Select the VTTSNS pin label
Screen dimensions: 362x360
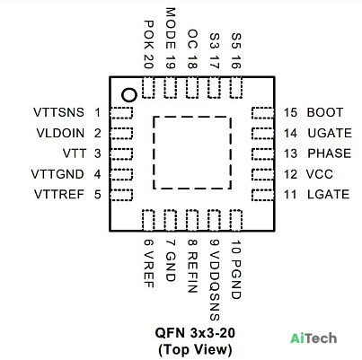tap(58, 112)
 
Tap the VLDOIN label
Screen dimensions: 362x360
tap(60, 133)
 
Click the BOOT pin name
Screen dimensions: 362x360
tap(325, 112)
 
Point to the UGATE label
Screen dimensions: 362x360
tap(330, 133)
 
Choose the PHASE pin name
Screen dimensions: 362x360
tap(330, 154)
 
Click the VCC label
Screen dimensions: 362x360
tap(320, 174)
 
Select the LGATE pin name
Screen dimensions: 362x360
tap(329, 194)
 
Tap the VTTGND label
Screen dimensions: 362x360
tap(57, 174)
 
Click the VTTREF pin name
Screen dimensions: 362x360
tap(59, 194)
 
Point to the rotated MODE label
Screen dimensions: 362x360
tap(171, 29)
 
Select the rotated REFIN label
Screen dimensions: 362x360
tap(192, 272)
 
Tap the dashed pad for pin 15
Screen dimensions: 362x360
tap(262, 113)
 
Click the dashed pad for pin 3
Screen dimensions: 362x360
tap(121, 154)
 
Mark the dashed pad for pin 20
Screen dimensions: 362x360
tap(148, 87)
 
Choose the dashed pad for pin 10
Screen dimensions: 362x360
tap(236, 220)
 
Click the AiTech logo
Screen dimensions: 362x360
tap(313, 338)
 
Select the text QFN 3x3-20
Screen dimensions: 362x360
tap(195, 333)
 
